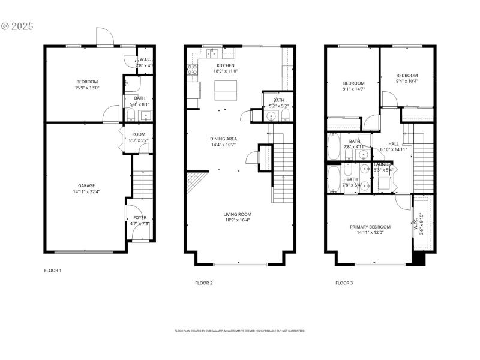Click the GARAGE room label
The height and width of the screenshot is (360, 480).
coord(86,185)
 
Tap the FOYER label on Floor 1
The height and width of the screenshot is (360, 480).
coord(139,218)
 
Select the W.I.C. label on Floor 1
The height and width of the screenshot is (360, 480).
coord(145,59)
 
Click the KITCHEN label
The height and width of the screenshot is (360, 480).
coord(226,65)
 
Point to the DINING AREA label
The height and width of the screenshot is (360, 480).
coord(223,139)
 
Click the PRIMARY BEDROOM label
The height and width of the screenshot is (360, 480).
coord(370,227)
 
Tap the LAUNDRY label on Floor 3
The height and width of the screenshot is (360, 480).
coord(383,164)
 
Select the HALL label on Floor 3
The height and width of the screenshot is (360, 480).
coord(393,144)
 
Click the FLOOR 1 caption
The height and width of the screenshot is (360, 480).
coord(53,271)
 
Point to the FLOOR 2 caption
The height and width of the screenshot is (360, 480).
coord(204,283)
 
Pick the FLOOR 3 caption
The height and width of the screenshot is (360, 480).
coord(344,283)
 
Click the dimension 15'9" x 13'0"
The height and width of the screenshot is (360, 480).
coord(86,88)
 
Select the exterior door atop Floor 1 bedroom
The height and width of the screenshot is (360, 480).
coord(104,37)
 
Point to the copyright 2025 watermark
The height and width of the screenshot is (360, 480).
coord(18,26)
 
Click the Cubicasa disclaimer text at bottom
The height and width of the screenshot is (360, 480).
coord(240,331)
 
